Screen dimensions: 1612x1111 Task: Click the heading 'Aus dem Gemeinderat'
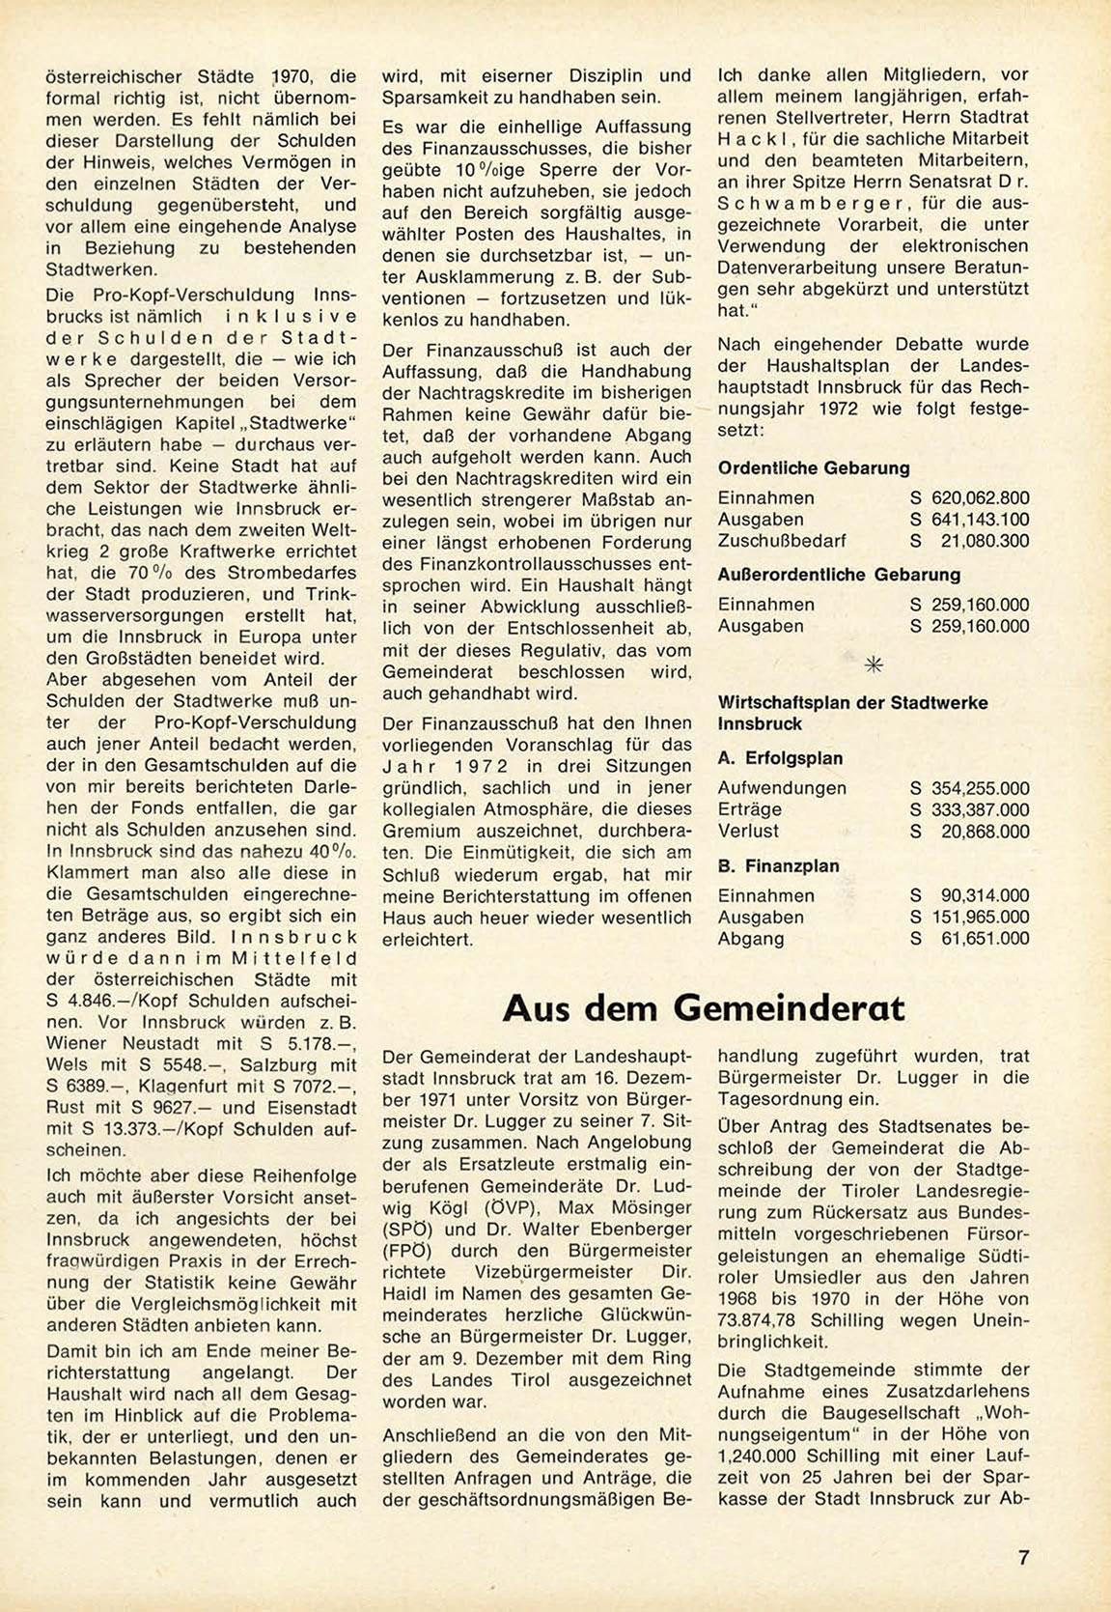(x=704, y=1008)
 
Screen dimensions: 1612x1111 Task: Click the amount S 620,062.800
(x=970, y=498)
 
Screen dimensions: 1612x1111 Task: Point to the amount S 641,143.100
(x=970, y=520)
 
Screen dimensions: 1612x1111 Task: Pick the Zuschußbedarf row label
(x=782, y=541)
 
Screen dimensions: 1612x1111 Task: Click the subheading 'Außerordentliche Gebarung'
(x=839, y=575)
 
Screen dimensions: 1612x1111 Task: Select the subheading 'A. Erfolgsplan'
(x=780, y=759)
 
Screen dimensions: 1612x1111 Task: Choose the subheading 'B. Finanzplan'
(x=778, y=866)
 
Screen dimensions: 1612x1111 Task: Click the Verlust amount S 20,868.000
(x=970, y=832)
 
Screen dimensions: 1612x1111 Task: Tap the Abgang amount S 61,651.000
(x=970, y=939)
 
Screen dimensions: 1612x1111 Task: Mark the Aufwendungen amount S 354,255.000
(x=970, y=788)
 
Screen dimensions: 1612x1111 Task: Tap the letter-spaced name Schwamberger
(x=804, y=204)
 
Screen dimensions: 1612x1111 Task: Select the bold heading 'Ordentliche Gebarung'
(x=814, y=468)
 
